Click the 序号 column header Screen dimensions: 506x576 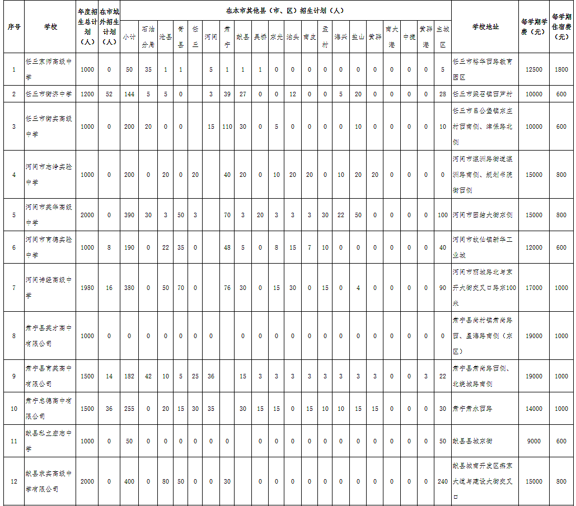14,27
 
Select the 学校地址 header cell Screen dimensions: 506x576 485,27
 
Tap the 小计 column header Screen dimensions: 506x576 129,37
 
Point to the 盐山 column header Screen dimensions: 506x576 358,37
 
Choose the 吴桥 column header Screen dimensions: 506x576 260,37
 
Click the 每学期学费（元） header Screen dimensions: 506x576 533,27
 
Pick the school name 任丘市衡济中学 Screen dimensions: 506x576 49,94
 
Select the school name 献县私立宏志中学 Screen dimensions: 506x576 49,441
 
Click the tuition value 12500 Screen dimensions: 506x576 534,69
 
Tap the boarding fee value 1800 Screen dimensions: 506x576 561,69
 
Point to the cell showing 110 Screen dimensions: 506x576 227,127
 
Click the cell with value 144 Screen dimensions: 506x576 129,94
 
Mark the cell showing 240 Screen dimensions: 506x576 443,481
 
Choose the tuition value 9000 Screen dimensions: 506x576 534,441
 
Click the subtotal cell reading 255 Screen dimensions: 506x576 129,409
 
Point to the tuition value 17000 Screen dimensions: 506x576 534,288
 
